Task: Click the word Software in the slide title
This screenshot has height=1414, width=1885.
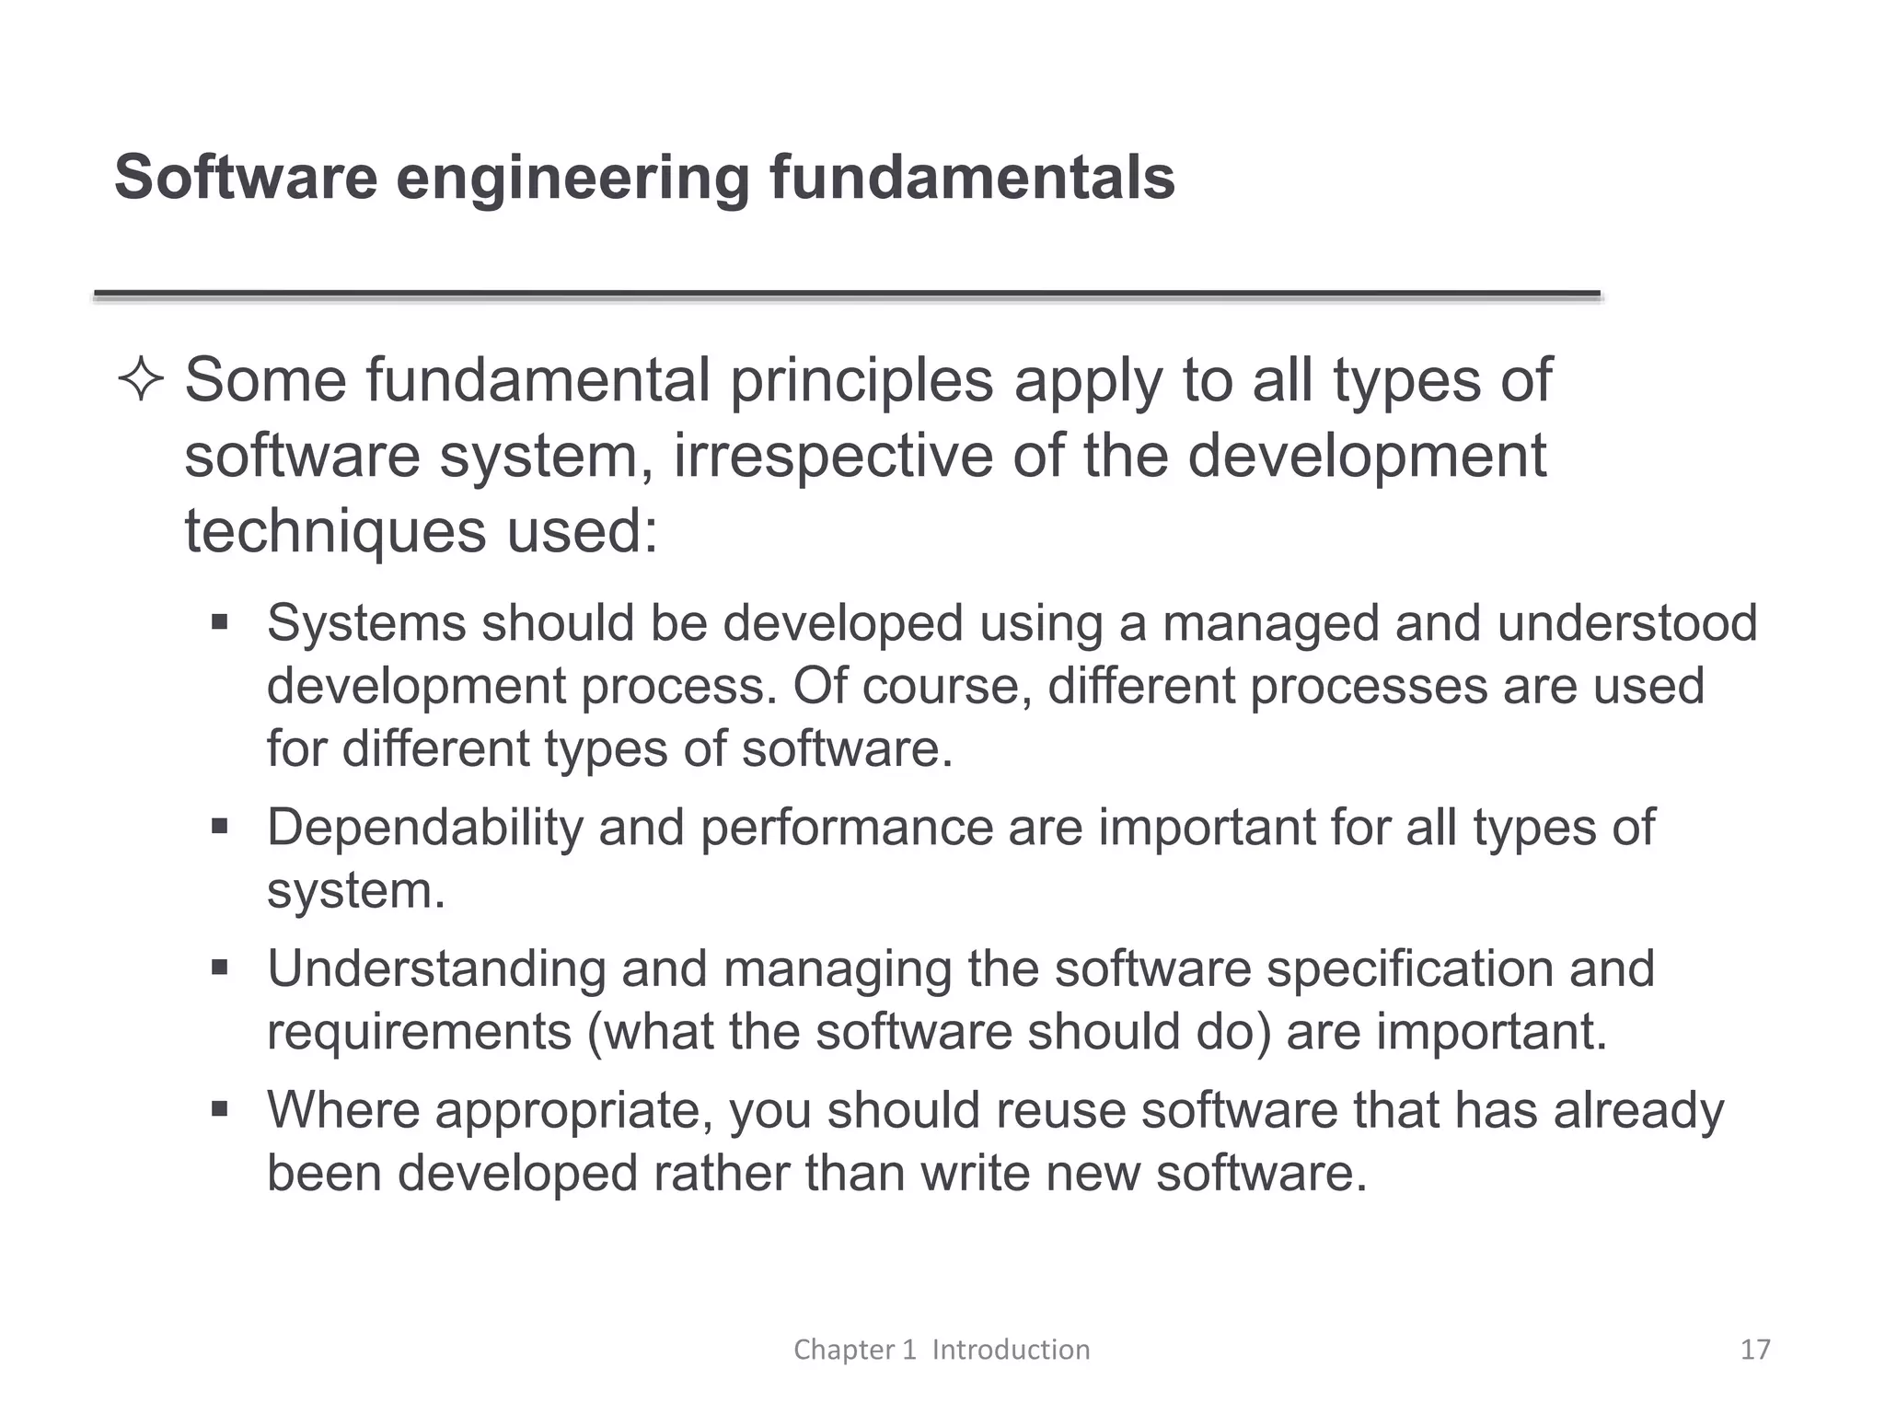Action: [246, 177]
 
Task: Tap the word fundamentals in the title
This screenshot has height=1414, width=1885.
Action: [972, 177]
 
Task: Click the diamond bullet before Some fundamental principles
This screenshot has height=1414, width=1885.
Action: [141, 381]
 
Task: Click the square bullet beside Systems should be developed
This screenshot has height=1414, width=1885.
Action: [219, 623]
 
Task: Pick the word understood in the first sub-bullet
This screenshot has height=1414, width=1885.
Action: [1626, 623]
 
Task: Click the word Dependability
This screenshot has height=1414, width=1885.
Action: [424, 828]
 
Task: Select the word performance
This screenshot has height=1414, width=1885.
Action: [846, 828]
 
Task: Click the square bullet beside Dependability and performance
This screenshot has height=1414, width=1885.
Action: [219, 827]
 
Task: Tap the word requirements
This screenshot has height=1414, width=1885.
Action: [419, 1032]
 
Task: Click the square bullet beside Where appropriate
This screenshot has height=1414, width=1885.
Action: [219, 1109]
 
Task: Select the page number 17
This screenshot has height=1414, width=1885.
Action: [1755, 1350]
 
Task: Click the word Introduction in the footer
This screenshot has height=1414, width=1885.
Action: [1011, 1350]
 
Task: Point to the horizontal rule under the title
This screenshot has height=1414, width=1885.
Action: [847, 295]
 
